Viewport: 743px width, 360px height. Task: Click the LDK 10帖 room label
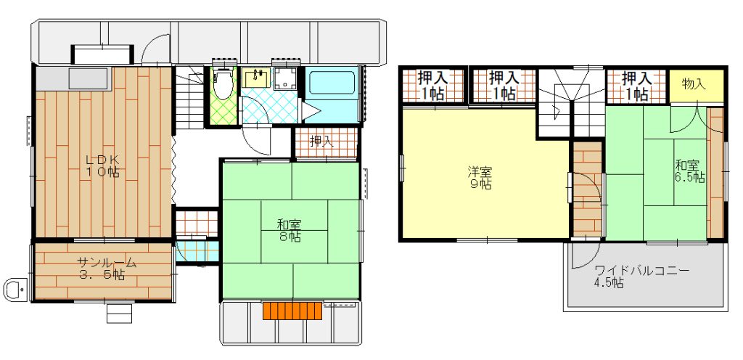(102, 165)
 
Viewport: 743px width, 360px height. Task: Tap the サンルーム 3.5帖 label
(107, 269)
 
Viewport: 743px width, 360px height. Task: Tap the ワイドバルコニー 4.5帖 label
(641, 277)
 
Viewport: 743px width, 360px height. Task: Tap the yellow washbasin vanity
(256, 78)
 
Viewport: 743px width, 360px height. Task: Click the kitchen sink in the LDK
(89, 78)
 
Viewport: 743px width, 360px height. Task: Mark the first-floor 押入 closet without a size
(327, 143)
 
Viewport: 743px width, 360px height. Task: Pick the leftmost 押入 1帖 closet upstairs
(433, 85)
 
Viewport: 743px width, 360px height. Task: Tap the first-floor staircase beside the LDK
(189, 97)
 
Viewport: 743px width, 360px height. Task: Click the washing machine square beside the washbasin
(286, 78)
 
